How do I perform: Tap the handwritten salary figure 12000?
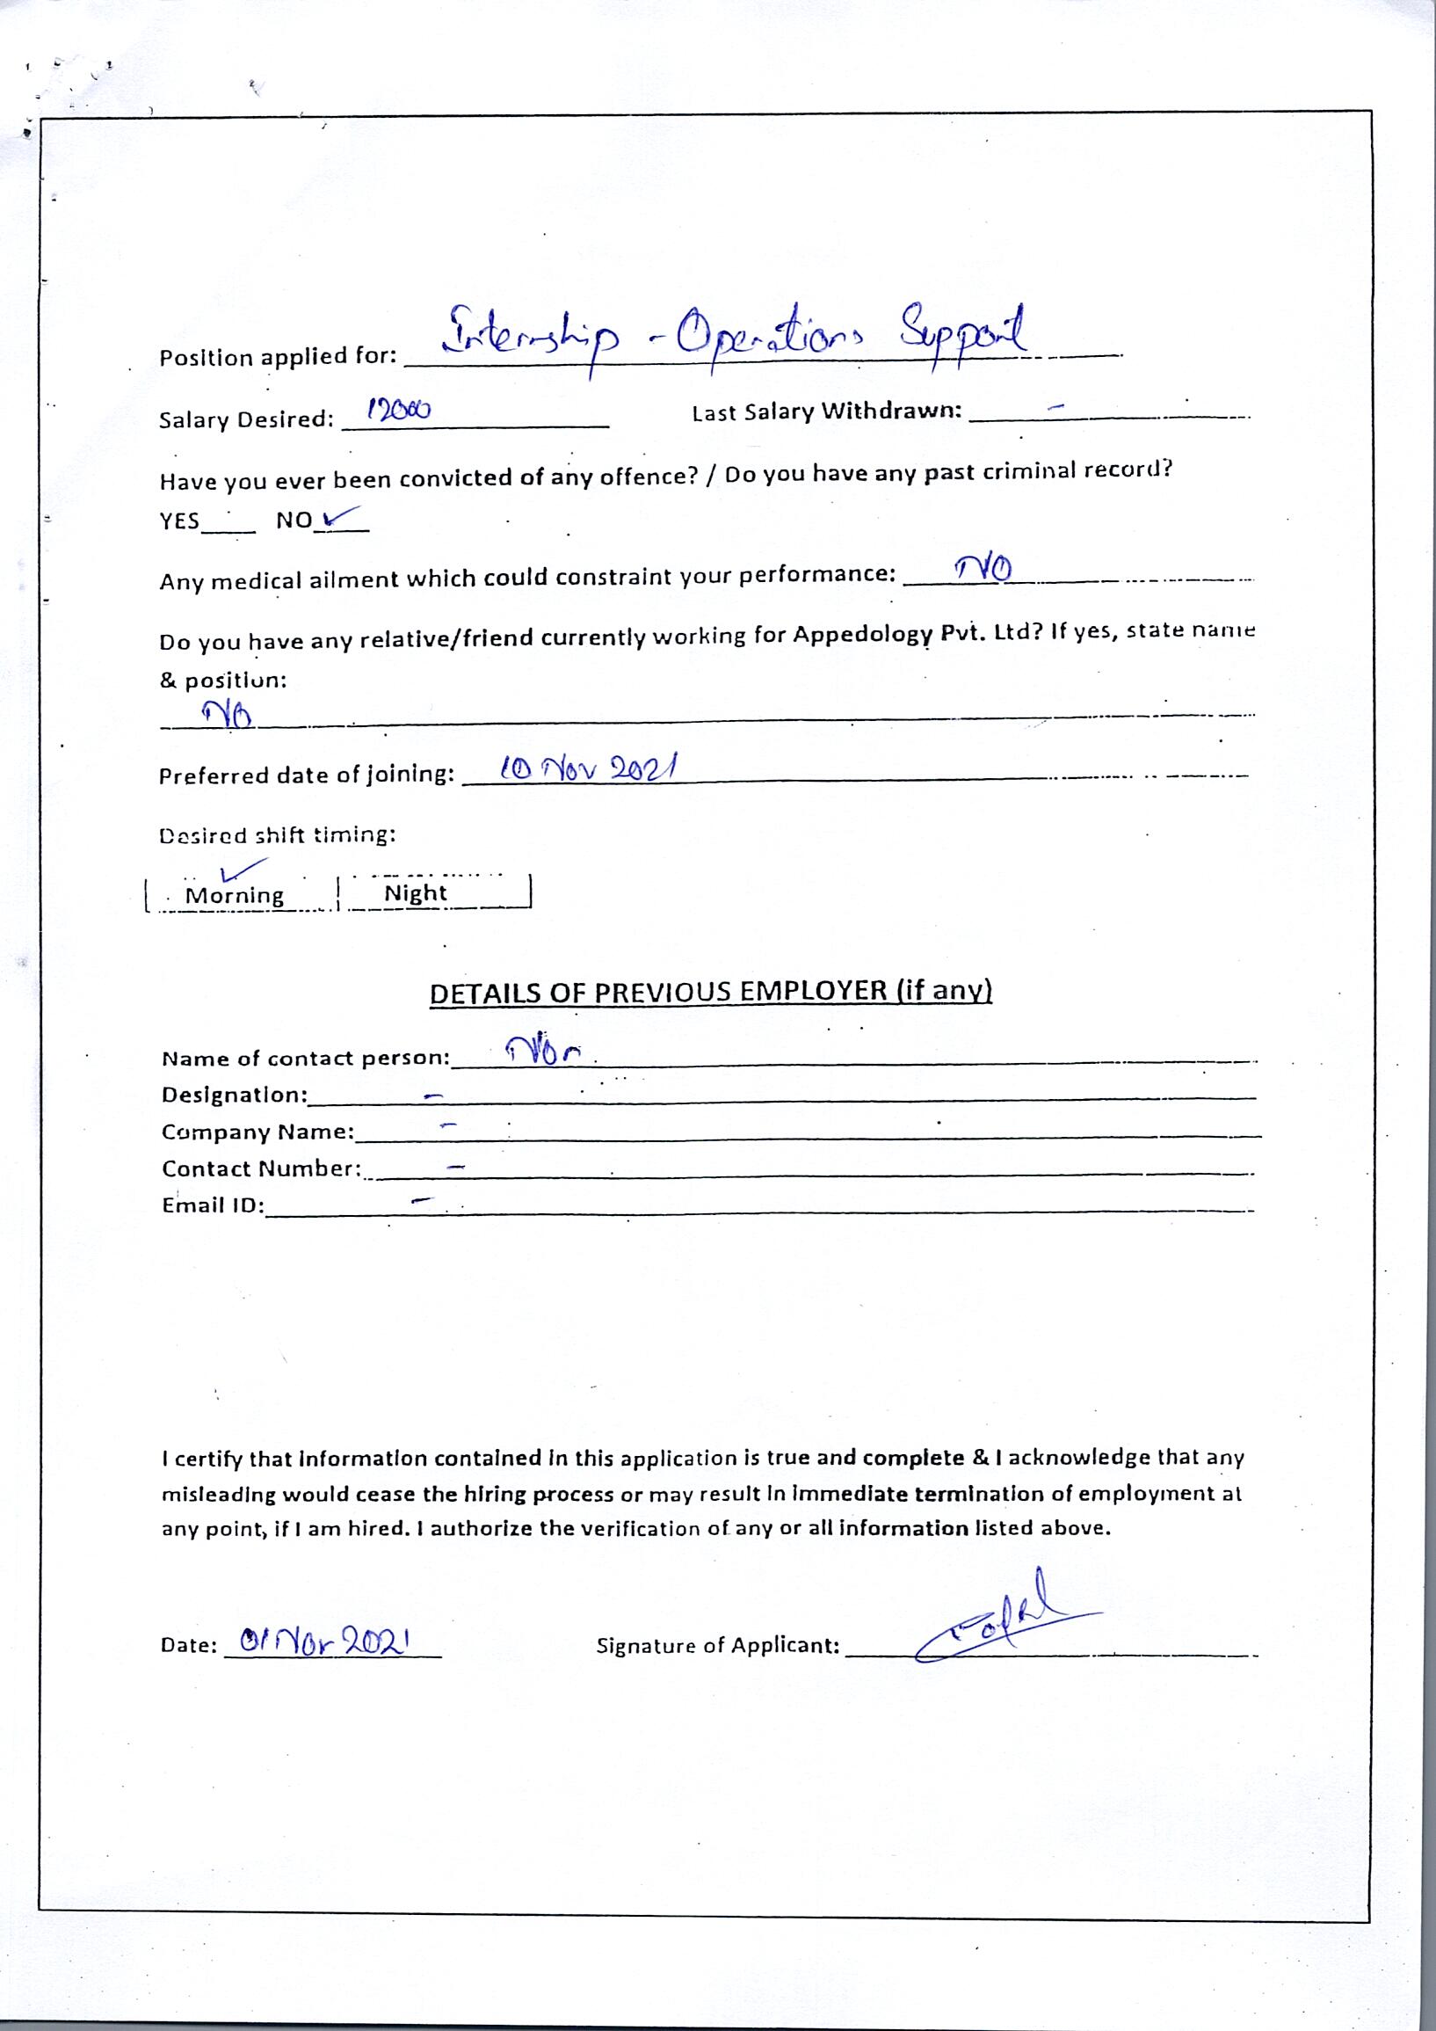[399, 410]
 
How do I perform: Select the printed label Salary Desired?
[246, 419]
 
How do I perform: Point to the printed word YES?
[179, 521]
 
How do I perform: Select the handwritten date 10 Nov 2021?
[587, 768]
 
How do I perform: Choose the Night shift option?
[415, 893]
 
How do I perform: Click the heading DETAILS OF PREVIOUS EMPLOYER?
[710, 992]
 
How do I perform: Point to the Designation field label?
[235, 1096]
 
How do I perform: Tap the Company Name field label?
[257, 1132]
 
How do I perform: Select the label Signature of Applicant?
[717, 1646]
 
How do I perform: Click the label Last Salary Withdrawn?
[826, 412]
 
